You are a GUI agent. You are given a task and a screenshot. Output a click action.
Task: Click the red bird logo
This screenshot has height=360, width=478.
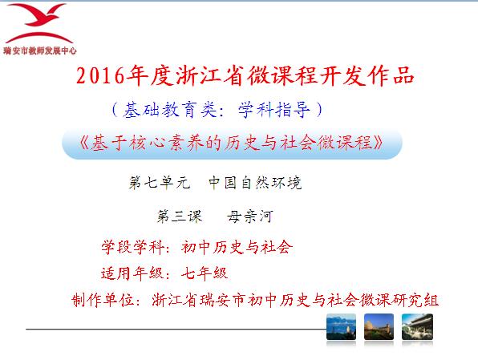pos(39,23)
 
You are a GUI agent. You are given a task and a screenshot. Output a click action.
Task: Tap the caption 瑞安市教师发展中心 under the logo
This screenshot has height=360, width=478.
pos(40,51)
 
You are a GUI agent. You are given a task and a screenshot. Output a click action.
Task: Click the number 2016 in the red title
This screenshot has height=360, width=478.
pos(100,75)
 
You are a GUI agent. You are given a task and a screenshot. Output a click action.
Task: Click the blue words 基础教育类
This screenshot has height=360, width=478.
pos(170,110)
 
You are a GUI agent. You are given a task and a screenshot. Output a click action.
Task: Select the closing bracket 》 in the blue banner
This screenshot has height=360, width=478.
pos(379,143)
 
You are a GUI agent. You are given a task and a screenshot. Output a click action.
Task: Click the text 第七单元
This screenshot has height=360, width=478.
pos(160,182)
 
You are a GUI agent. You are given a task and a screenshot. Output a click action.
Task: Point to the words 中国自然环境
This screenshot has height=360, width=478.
pos(255,182)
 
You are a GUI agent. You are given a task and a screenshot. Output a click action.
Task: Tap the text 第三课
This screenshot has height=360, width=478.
pos(180,216)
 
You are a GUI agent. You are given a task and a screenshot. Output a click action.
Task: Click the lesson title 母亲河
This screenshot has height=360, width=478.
pos(249,216)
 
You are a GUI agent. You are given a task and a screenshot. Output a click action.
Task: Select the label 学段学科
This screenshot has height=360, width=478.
pos(132,247)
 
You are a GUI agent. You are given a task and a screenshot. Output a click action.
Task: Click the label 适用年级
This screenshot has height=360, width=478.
pos(132,273)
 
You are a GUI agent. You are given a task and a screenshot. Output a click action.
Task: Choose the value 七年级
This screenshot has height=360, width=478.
pos(205,273)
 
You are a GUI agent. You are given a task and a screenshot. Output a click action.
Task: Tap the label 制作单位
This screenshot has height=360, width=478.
pos(103,300)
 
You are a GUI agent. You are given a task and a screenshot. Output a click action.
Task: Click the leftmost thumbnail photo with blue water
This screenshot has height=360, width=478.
pos(341,327)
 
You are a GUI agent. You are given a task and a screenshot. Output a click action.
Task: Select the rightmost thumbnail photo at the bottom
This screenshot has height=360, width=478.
pos(417,327)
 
